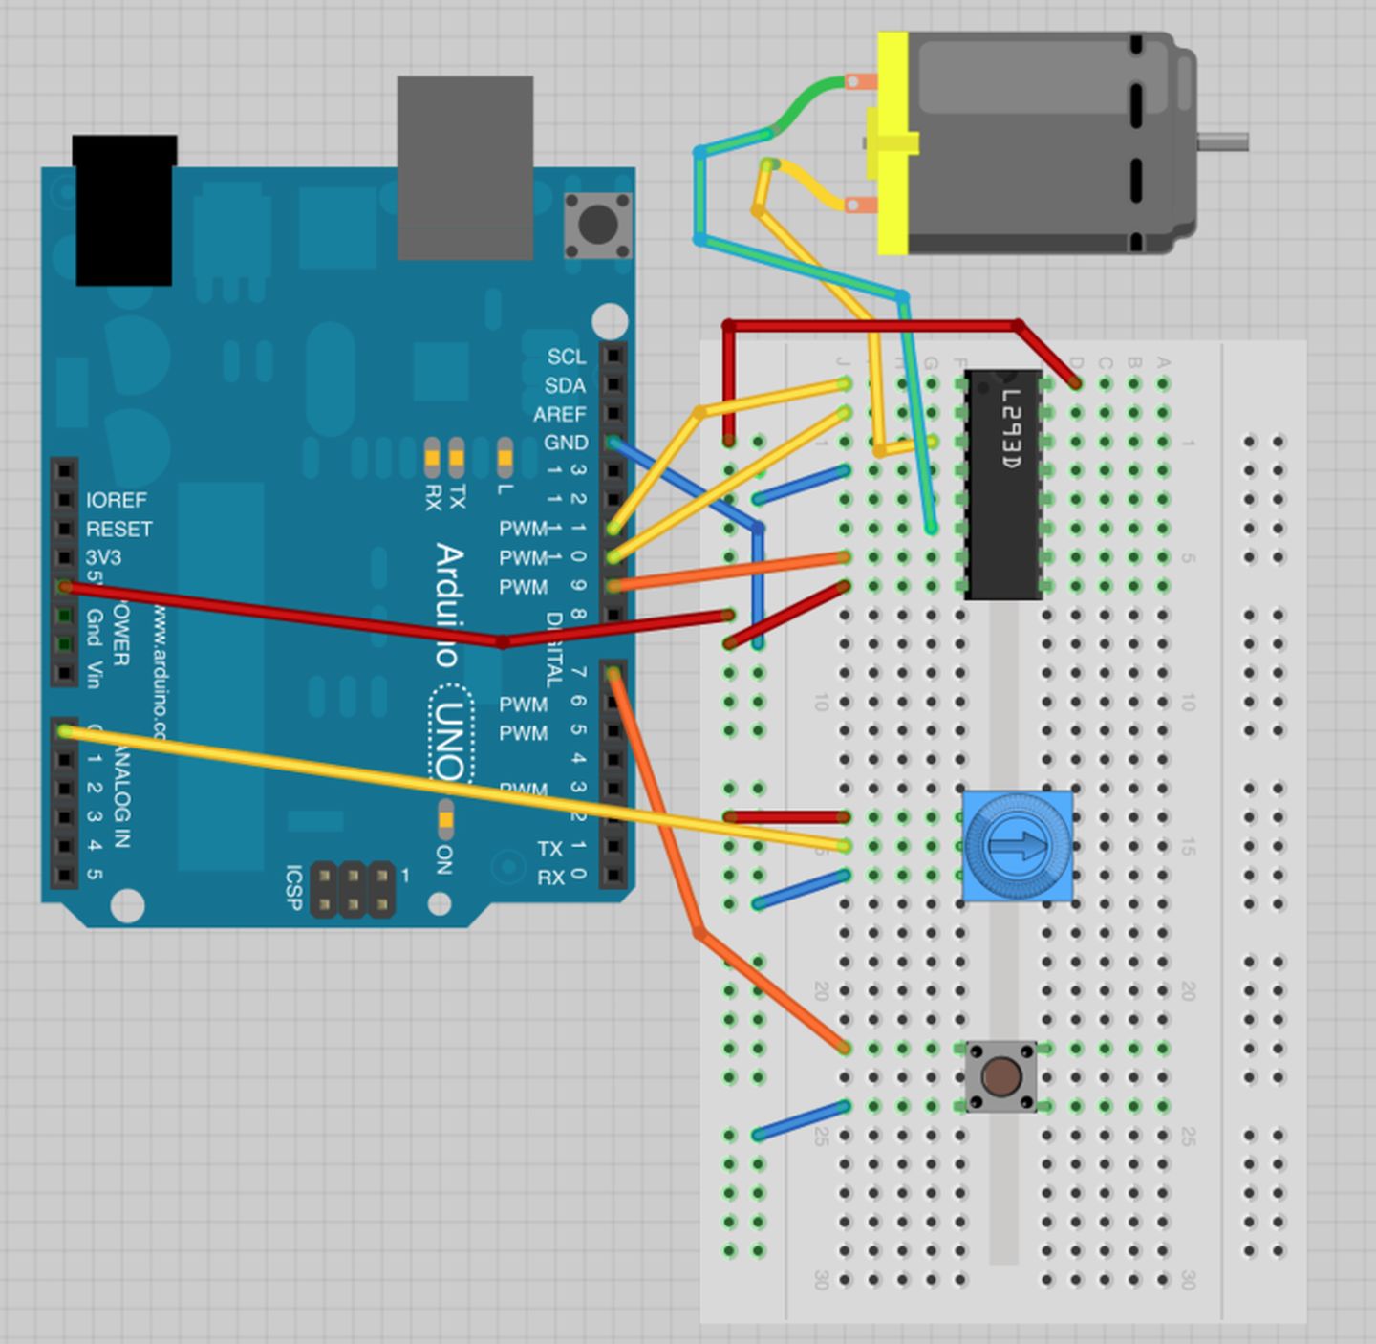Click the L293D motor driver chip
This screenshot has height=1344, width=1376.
point(1003,485)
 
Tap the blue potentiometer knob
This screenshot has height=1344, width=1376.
point(1017,846)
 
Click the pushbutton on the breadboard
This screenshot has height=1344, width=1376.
point(1000,1077)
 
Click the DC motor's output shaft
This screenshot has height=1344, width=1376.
point(1224,142)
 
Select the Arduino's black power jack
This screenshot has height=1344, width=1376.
point(124,210)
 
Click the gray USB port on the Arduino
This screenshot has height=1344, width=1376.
point(464,167)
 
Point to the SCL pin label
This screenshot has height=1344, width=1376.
point(566,357)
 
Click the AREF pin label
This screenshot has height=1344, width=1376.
point(559,414)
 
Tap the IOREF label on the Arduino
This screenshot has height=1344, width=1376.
point(117,500)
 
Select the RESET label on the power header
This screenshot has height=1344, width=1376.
point(118,529)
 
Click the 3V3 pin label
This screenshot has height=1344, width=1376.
point(103,557)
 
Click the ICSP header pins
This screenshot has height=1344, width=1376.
point(353,889)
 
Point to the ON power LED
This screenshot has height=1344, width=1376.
point(445,820)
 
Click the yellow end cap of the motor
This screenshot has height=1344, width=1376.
point(892,143)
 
